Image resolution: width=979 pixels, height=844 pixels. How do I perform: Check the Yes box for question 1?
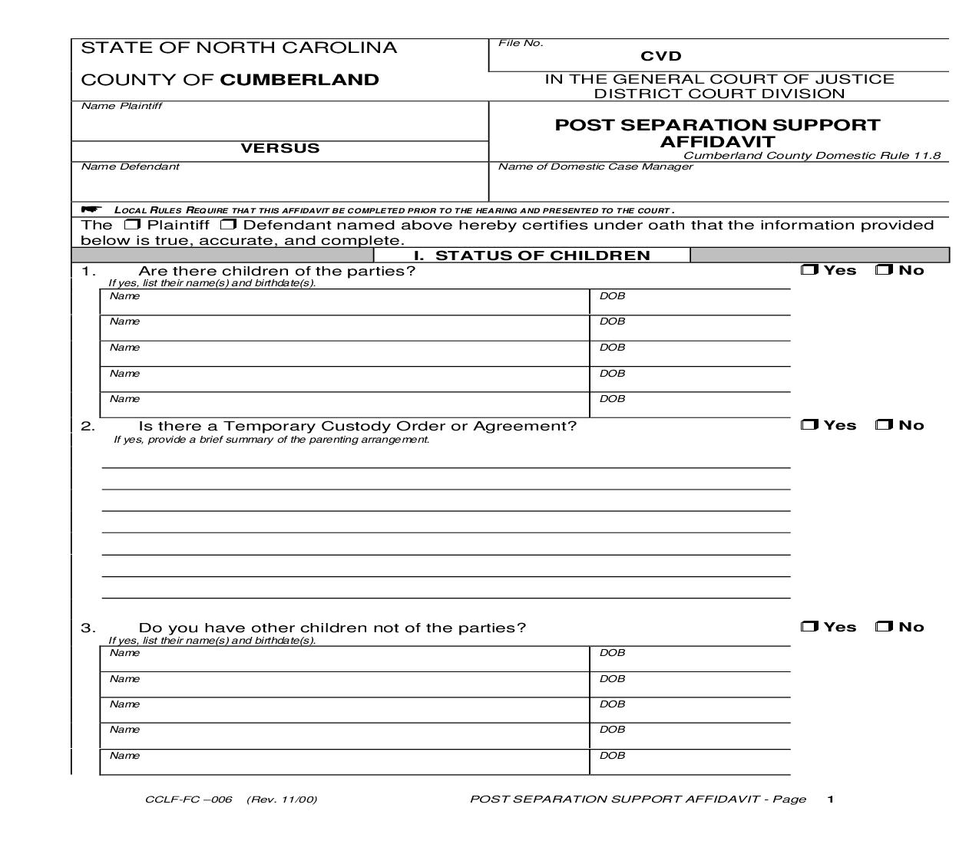click(809, 270)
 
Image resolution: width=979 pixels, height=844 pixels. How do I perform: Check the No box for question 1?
click(884, 270)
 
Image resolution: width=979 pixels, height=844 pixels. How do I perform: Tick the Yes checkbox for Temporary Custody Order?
click(809, 425)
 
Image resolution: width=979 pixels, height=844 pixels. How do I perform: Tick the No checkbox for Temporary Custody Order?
click(884, 425)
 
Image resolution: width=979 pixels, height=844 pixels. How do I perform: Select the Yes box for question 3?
click(809, 627)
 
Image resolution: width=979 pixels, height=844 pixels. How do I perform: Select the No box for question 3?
click(884, 627)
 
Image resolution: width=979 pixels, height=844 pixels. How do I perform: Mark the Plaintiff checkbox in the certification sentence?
click(132, 225)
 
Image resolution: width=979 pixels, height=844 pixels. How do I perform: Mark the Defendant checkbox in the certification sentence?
click(227, 225)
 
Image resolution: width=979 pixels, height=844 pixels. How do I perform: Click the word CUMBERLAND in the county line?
click(299, 80)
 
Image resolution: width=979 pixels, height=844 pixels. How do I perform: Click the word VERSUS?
click(280, 148)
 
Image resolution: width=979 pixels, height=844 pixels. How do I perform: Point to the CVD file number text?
click(661, 56)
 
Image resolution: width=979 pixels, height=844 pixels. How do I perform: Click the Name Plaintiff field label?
click(121, 106)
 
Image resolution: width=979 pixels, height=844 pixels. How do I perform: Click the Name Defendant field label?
click(130, 166)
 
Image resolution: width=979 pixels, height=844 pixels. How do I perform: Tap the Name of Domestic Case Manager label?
click(595, 166)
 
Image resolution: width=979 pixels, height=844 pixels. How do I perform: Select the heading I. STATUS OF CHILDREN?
click(532, 256)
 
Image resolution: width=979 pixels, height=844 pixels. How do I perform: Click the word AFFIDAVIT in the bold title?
click(717, 142)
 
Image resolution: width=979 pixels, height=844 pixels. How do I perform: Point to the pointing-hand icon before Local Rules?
click(91, 209)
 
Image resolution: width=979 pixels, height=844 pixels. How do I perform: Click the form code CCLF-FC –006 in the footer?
click(188, 799)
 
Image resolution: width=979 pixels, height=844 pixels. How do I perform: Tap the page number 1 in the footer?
click(831, 799)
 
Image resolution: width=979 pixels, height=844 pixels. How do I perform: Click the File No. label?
click(521, 43)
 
